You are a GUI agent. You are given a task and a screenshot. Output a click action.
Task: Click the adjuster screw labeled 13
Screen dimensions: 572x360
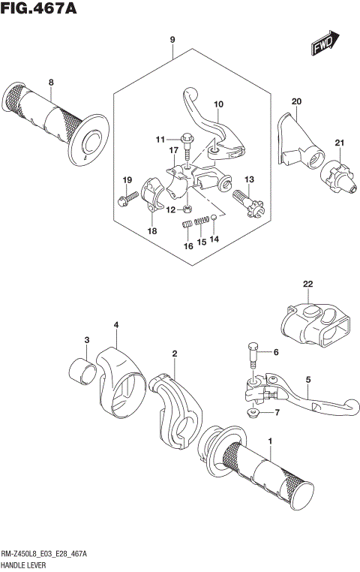pos(250,203)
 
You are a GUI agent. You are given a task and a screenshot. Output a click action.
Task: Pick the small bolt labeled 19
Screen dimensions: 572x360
pos(125,199)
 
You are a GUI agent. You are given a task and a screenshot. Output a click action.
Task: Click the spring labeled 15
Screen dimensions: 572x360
pos(200,221)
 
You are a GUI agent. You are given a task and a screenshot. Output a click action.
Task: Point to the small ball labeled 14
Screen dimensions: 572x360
pos(214,218)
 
